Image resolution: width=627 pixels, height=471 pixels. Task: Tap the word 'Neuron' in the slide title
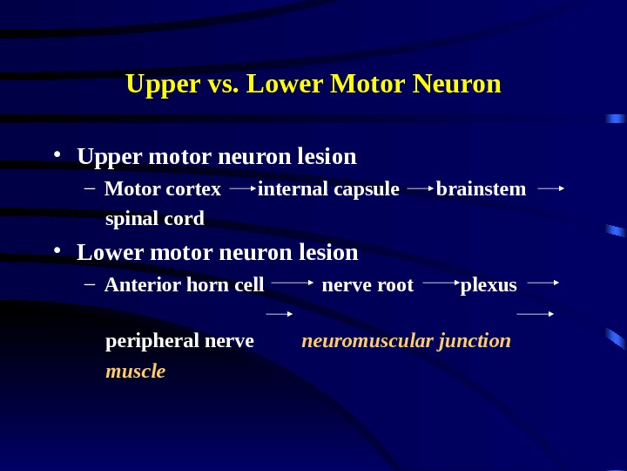coord(457,85)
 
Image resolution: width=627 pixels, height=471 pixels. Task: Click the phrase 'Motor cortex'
coord(162,189)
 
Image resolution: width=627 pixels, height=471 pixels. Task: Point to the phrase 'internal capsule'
coord(328,189)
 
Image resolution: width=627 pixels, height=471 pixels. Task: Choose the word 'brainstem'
coord(481,189)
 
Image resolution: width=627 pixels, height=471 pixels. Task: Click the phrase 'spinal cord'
coord(154,218)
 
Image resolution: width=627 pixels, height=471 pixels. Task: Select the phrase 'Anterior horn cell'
coord(184,285)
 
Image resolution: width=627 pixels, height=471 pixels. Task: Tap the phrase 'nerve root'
coord(367,285)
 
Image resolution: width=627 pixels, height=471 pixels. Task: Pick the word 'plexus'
coord(488,285)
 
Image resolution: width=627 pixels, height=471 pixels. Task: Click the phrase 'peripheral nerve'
coord(179,340)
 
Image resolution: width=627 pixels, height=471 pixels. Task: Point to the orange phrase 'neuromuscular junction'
coord(406,340)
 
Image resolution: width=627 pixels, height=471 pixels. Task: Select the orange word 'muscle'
coord(135,372)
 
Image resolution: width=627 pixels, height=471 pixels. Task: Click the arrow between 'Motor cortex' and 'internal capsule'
coord(241,187)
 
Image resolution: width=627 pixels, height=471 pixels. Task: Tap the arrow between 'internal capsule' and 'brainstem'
coord(420,187)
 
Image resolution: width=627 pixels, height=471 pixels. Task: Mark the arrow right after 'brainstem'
coord(551,187)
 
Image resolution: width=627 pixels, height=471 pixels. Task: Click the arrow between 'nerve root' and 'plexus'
coord(441,283)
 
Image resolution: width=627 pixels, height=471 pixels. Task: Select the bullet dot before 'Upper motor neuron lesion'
coord(57,156)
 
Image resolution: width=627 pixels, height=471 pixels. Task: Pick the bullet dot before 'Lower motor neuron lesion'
coord(57,252)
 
